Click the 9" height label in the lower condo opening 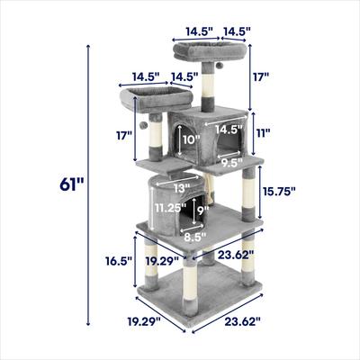click(x=204, y=212)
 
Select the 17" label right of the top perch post click(x=260, y=78)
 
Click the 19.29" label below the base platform click(x=143, y=321)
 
